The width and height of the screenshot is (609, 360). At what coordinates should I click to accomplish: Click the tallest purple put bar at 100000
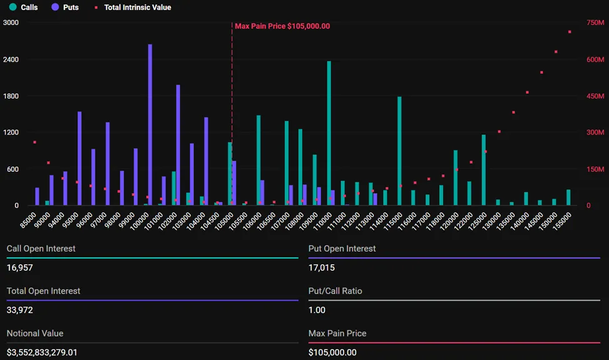coord(150,125)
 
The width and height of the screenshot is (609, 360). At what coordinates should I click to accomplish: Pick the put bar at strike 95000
coord(79,159)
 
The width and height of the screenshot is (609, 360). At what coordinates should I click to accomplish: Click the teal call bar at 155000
coord(568,197)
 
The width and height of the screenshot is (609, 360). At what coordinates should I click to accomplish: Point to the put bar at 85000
coord(37,197)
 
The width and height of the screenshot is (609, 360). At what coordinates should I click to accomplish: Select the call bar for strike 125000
coord(483,170)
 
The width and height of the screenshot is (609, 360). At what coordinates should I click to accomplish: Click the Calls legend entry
coord(24,7)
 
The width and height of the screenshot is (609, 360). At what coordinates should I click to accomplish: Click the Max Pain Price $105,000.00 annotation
coord(282,26)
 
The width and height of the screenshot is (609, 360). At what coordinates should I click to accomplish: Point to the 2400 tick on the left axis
coord(11,59)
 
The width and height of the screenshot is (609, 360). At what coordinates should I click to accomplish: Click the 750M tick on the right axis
coord(595,22)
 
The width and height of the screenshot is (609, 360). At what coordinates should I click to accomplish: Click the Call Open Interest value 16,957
coord(20,267)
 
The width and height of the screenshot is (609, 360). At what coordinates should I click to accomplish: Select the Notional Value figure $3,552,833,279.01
coord(42,352)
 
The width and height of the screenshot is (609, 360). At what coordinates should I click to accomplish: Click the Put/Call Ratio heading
coord(335,291)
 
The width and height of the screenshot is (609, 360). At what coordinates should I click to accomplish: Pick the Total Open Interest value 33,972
coord(20,310)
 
